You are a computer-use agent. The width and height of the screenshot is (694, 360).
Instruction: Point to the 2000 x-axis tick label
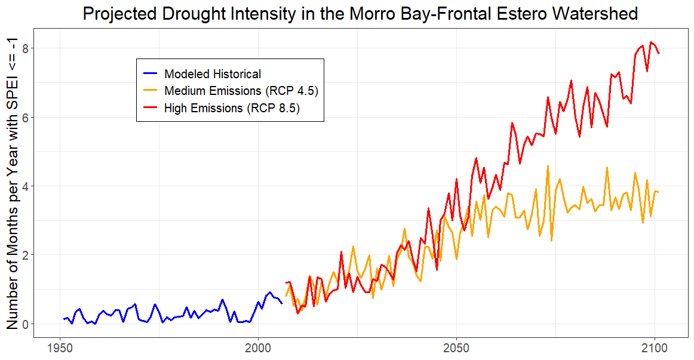click(x=259, y=347)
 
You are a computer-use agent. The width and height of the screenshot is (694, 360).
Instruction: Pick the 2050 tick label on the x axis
click(x=457, y=347)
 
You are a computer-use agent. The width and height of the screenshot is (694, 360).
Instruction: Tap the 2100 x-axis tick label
click(x=655, y=347)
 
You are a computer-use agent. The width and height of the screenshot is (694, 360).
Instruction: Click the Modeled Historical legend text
click(x=213, y=74)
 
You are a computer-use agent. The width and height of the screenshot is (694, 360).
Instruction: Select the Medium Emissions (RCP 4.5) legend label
click(x=241, y=91)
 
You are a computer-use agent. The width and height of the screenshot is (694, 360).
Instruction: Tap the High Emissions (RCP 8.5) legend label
click(x=232, y=108)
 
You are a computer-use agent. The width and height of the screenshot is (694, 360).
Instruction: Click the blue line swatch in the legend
click(x=151, y=74)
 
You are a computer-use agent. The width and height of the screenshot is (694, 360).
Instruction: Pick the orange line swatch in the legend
click(x=151, y=91)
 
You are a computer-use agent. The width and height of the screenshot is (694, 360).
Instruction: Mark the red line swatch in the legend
click(x=151, y=108)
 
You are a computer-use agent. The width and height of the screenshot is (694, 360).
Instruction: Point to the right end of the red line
click(x=659, y=54)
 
